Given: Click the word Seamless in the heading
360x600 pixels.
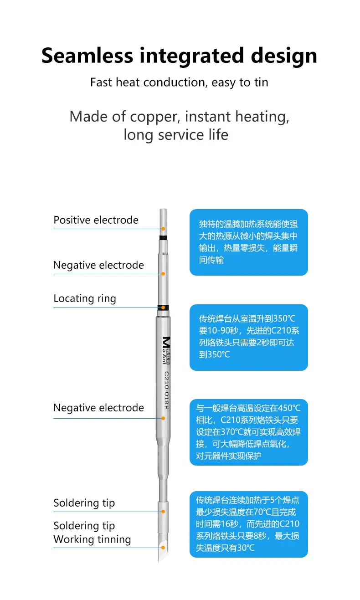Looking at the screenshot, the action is [87, 56].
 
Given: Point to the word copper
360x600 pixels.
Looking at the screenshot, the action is [155, 117].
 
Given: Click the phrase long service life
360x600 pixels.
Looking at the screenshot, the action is [175, 135].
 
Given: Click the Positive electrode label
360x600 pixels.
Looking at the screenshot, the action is [96, 220].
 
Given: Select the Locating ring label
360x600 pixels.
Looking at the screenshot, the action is [85, 298].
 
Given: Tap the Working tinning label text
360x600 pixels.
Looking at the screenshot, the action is [92, 539].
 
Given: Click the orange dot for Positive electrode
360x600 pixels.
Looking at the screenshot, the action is [163, 228].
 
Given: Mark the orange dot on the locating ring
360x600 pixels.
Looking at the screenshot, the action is [163, 308].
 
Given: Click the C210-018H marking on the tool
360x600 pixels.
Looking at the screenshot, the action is [166, 391].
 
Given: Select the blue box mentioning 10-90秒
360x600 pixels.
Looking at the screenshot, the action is [248, 337].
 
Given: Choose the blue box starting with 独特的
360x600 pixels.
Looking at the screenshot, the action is [248, 242].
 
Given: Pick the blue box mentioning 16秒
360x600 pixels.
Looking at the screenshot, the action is [248, 524].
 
